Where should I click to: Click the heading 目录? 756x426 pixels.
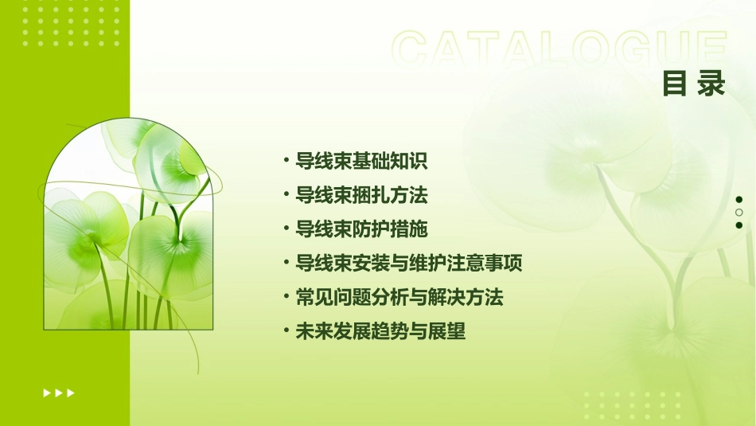tap(694, 84)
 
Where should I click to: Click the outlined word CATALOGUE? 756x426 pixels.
tap(558, 49)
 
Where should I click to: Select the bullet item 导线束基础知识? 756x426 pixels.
tap(361, 161)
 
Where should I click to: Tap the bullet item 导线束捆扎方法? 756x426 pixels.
tap(361, 195)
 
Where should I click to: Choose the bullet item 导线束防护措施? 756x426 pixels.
tap(361, 229)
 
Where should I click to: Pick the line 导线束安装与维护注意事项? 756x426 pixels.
tap(408, 264)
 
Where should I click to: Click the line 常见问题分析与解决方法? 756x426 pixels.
tap(399, 298)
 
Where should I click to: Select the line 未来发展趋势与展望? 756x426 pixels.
tap(380, 332)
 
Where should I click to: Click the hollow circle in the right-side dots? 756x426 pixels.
tap(739, 212)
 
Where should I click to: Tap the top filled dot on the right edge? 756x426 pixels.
tap(739, 199)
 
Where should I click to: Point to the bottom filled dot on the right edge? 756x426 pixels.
tap(739, 225)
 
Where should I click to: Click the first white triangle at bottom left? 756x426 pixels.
tap(46, 393)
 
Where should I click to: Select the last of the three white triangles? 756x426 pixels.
tap(71, 393)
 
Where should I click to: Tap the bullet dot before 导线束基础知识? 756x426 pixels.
tap(286, 161)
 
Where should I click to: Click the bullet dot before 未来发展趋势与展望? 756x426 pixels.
tap(286, 332)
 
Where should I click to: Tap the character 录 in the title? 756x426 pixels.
tap(711, 84)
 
